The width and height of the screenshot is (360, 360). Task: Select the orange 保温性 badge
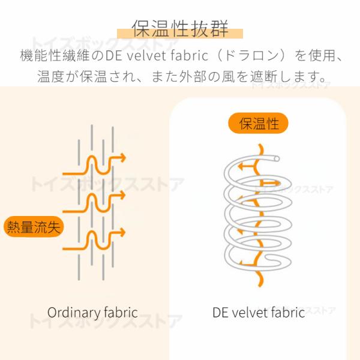pos(259,124)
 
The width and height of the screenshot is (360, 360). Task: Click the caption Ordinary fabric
pos(92,313)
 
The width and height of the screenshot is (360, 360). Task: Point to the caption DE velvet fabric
pos(259,313)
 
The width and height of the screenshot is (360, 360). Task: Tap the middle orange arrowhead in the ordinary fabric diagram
pos(122,195)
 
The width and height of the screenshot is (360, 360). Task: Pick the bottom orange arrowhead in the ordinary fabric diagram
pos(122,231)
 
